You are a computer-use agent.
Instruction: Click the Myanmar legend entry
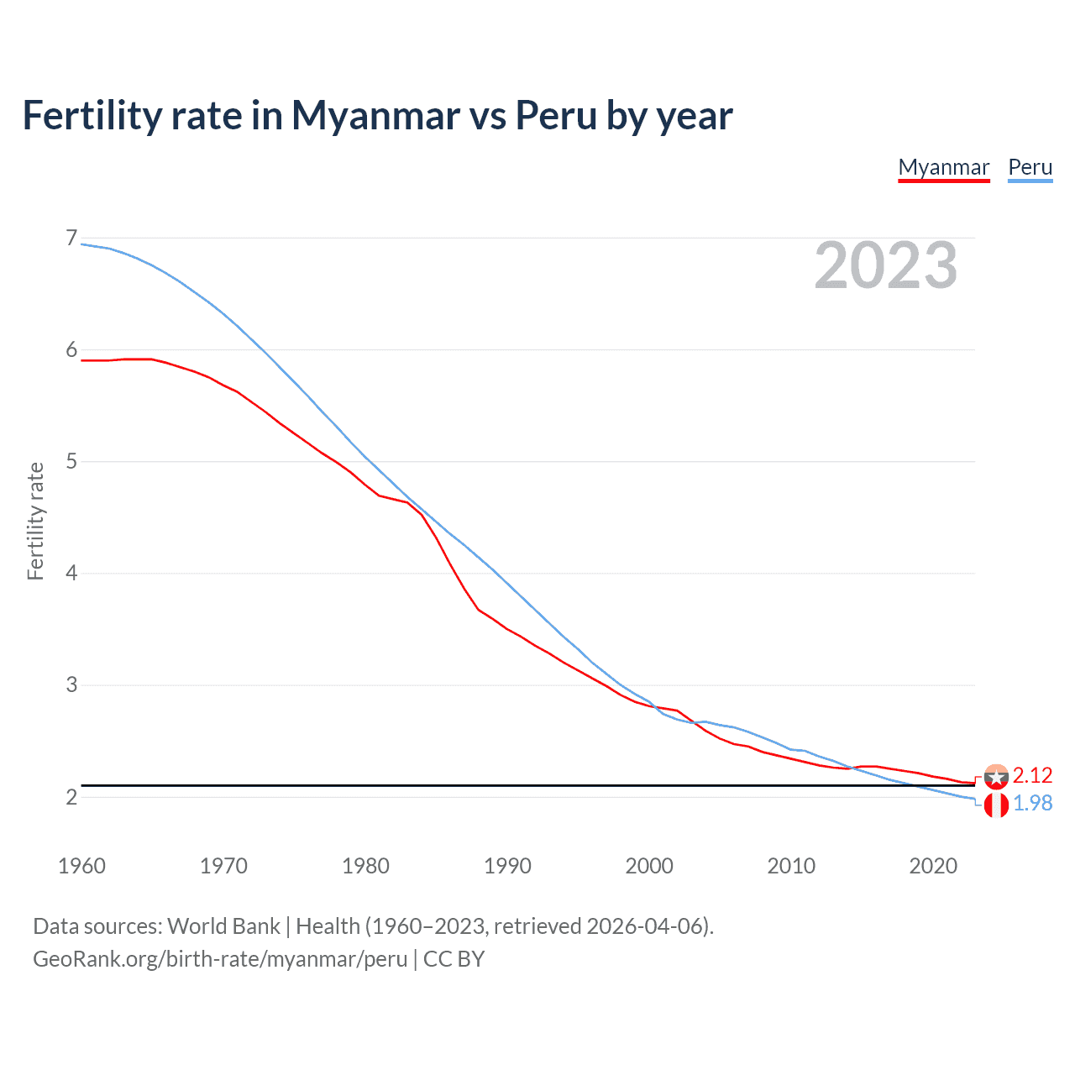tap(943, 167)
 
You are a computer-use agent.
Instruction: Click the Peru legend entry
tap(1030, 167)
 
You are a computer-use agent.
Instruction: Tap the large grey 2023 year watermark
tap(885, 265)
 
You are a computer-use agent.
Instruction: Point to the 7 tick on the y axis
tap(71, 239)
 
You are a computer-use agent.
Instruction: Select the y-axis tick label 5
tap(71, 461)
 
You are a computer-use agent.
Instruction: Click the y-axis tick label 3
tap(71, 684)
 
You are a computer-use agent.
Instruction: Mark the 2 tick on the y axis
tap(71, 796)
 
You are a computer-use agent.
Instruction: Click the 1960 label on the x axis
tap(81, 866)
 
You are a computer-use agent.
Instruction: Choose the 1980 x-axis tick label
tap(365, 866)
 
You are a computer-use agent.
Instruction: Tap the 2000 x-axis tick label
tap(649, 866)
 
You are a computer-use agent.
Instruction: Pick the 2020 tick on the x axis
tap(933, 866)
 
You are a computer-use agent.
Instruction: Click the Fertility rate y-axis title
tap(35, 521)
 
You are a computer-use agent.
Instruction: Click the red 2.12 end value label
tap(1032, 775)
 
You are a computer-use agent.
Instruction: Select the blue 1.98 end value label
tap(1032, 804)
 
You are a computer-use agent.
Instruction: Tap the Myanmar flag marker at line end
tap(996, 777)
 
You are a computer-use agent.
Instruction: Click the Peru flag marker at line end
tap(996, 805)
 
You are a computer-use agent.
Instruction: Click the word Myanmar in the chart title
tap(375, 115)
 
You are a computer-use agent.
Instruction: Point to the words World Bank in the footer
tap(223, 926)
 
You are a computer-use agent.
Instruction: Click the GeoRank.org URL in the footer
tap(220, 959)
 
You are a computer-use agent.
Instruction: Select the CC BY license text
tap(454, 959)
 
